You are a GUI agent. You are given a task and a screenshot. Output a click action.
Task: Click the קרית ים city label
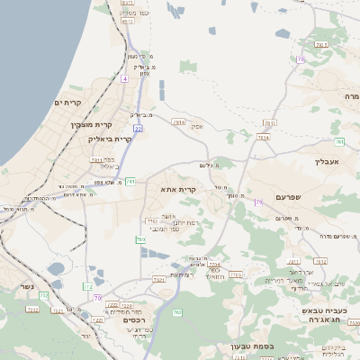[68, 103]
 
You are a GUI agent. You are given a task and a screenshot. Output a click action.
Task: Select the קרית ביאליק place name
[110, 139]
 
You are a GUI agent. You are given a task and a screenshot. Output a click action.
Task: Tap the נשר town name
[25, 289]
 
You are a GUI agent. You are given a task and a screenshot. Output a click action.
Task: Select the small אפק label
[197, 127]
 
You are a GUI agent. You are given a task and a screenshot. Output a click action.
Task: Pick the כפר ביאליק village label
[103, 163]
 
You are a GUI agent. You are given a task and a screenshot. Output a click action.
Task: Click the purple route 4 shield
[125, 79]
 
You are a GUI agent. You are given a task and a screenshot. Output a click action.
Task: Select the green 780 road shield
[139, 239]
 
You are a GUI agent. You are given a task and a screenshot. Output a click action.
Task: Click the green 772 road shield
[87, 286]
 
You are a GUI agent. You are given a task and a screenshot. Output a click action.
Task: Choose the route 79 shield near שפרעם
[257, 202]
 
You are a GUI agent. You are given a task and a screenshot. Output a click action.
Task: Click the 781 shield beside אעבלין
[338, 141]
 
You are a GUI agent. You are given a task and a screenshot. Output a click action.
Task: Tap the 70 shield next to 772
[96, 297]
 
